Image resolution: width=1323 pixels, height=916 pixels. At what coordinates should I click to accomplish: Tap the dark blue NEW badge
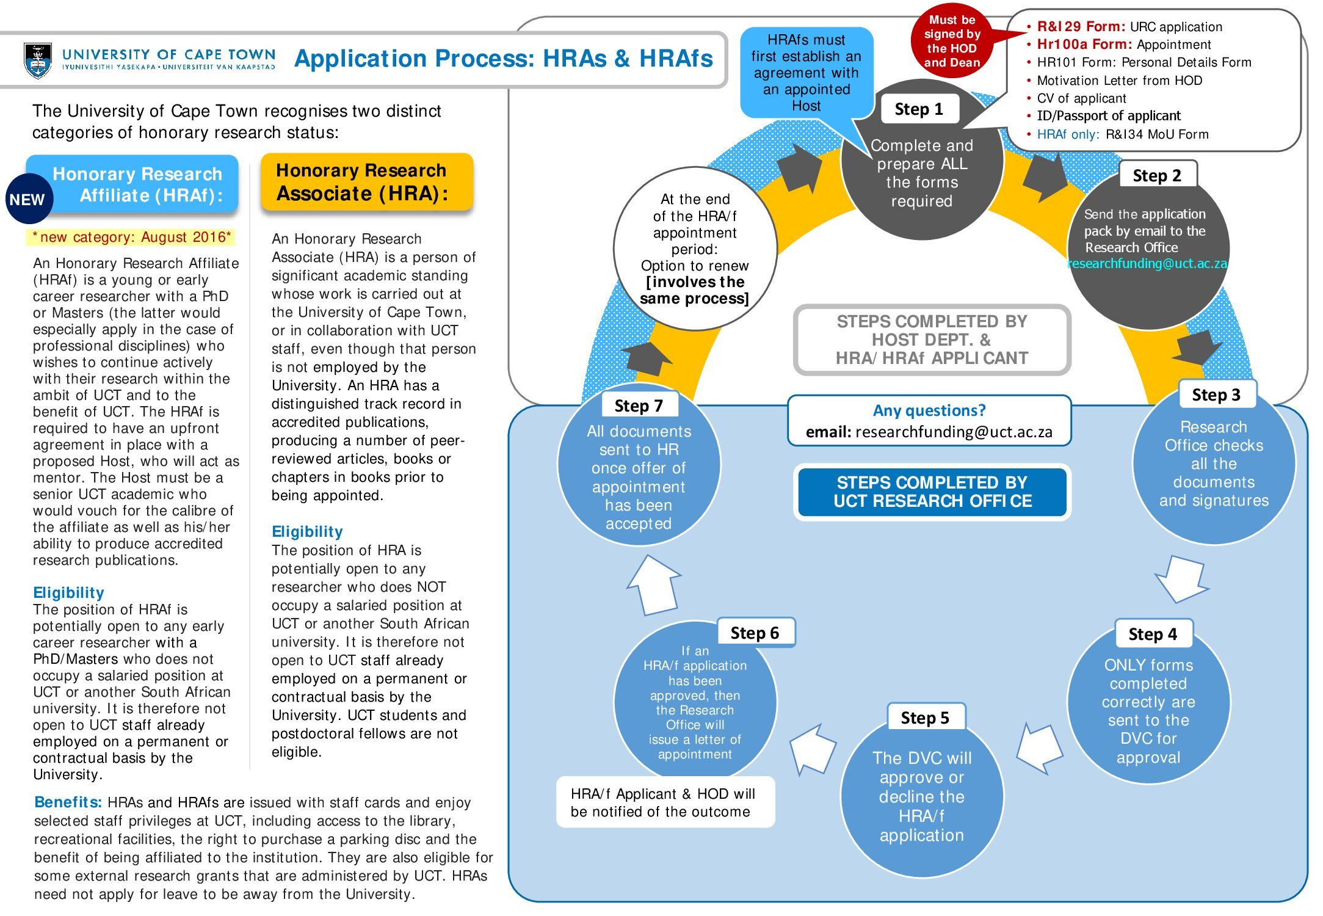coord(28,199)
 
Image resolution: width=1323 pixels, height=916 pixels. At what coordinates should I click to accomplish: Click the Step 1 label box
coord(919,109)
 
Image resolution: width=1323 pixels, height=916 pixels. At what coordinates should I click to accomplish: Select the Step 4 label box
coord(1153,634)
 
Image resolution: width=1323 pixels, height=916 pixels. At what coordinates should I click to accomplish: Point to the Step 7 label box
coord(639,405)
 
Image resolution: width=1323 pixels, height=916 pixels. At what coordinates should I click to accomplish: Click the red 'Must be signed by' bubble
coord(952,42)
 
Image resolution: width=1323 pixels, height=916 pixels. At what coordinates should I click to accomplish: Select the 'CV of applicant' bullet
coord(1081,98)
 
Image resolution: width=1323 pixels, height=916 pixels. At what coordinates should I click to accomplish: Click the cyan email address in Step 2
coord(1147,264)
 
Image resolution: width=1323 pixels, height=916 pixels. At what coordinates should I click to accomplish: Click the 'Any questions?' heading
coord(929,410)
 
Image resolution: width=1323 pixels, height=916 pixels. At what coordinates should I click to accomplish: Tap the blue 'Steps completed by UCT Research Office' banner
coord(932,492)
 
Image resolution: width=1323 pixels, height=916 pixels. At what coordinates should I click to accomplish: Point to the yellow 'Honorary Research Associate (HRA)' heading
coord(366,182)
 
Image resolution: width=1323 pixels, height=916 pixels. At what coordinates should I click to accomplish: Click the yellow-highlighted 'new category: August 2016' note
coord(131,237)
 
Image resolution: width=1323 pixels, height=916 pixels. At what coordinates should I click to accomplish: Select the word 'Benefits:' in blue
coord(68,802)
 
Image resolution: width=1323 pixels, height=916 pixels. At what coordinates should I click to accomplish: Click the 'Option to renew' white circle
coord(695,249)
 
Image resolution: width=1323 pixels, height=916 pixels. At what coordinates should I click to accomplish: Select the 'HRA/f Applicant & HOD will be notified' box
coord(665,802)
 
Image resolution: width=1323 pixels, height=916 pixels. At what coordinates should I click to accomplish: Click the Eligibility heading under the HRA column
coord(307,531)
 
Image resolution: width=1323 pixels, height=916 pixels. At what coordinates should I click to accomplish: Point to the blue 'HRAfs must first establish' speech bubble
coord(806,73)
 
